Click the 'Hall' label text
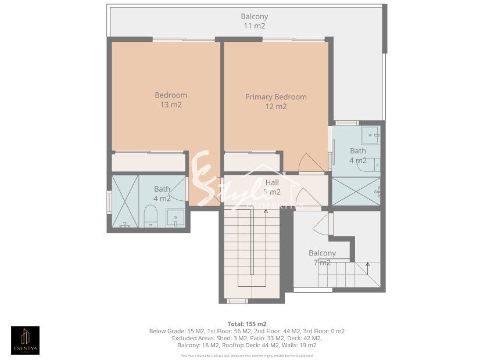pyautogui.click(x=272, y=182)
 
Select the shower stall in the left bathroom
pyautogui.click(x=125, y=200)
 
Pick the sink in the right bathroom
pyautogui.click(x=371, y=135)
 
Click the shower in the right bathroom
pyautogui.click(x=356, y=191)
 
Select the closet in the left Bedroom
pyautogui.click(x=148, y=162)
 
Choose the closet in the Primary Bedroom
pyautogui.click(x=250, y=161)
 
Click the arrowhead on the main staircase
pyautogui.click(x=266, y=211)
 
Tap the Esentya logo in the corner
pyautogui.click(x=26, y=340)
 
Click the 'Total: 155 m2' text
pyautogui.click(x=246, y=323)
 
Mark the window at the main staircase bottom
pyautogui.click(x=237, y=301)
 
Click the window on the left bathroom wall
pyautogui.click(x=109, y=202)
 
